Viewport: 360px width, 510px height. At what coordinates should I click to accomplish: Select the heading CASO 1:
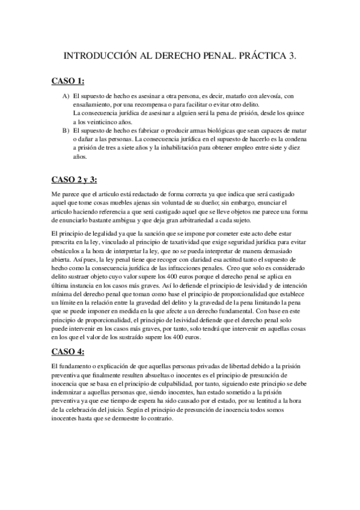(x=67, y=81)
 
